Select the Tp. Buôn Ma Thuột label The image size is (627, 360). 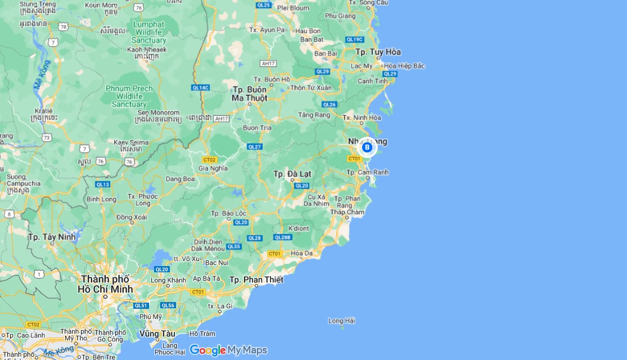pos(250,94)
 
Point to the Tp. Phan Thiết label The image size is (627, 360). pos(256,280)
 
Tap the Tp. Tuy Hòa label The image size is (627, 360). pos(378,52)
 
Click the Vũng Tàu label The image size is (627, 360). pos(156,333)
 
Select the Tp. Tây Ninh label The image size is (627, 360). pos(52,237)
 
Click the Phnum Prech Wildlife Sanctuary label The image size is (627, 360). pos(129,96)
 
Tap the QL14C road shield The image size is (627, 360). pos(200,88)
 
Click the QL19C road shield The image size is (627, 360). pos(355,39)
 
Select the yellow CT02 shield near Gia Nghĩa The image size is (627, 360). pos(209,159)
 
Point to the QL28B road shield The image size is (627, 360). pos(283,237)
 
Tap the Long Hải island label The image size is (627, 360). pos(342,321)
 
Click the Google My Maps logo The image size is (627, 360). pos(228,350)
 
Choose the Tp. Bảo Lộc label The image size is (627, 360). pos(229,213)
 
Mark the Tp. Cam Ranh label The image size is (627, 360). pos(367,172)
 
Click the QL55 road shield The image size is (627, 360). pos(233,246)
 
